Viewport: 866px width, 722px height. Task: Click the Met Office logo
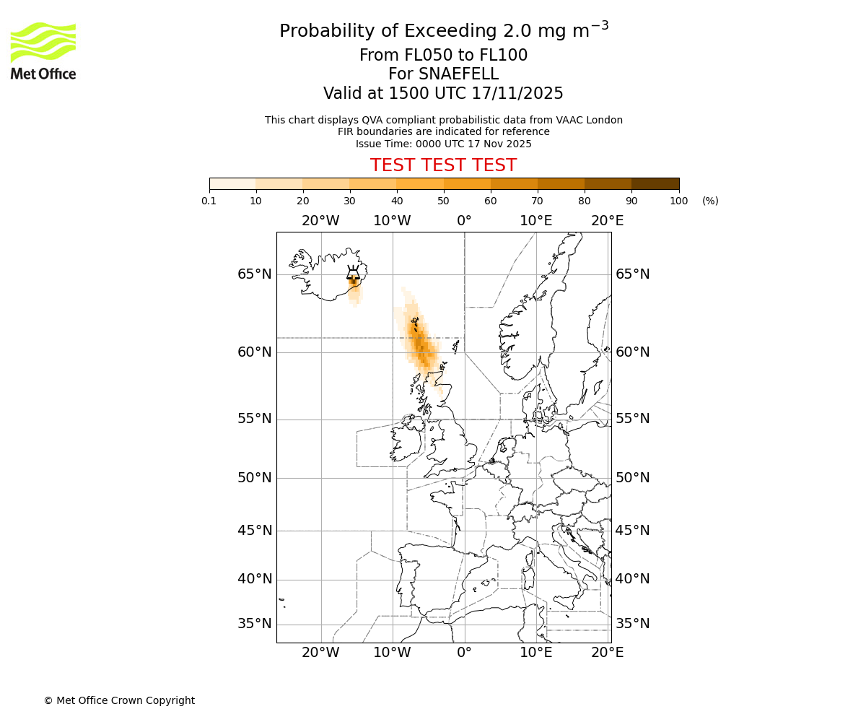pos(43,51)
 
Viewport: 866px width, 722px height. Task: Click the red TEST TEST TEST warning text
pos(443,165)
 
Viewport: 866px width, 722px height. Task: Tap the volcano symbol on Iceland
pos(353,272)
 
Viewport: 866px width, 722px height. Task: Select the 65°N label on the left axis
pos(255,274)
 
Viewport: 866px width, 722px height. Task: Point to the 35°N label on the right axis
pos(632,624)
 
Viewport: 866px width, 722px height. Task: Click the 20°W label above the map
pos(320,221)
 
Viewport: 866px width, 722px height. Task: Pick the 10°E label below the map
pos(535,653)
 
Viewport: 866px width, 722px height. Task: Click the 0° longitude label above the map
pos(464,221)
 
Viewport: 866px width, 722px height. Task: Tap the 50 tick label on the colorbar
pos(443,201)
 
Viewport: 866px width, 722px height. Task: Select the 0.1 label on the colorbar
pos(209,201)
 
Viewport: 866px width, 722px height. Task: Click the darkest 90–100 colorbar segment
pos(655,183)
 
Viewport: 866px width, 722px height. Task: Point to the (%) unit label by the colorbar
pos(710,201)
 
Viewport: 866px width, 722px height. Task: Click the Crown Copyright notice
pos(119,700)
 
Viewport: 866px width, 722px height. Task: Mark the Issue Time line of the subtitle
pos(443,144)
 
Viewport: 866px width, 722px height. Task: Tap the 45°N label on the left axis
pos(255,531)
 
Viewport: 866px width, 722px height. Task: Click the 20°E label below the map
pos(607,653)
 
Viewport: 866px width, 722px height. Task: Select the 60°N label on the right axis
pos(632,352)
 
